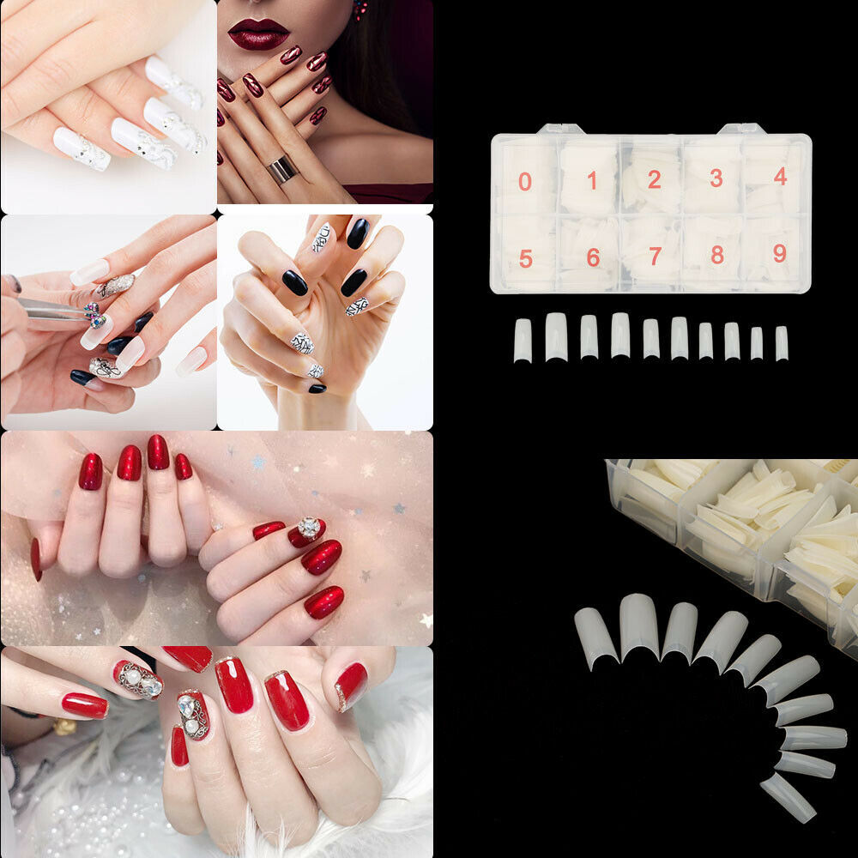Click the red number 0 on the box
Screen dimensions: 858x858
(525, 182)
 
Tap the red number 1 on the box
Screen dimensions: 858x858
(592, 180)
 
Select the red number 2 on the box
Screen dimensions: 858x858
(655, 179)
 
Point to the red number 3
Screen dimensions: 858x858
(716, 178)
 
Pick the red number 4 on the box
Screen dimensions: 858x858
(781, 176)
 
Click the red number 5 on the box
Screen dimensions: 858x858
(526, 258)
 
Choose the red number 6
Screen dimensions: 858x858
(593, 257)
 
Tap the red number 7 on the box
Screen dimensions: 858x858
(656, 256)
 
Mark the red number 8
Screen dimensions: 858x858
(717, 255)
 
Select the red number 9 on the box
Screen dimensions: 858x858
(780, 253)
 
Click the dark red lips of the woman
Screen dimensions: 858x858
(258, 34)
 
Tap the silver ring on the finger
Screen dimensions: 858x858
(283, 169)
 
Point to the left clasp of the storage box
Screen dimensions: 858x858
(561, 130)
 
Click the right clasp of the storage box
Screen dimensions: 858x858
(742, 129)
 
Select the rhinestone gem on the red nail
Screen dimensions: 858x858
(310, 528)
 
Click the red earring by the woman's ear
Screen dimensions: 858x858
(360, 9)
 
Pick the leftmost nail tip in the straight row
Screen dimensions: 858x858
(523, 341)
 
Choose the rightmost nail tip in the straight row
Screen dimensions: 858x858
(782, 344)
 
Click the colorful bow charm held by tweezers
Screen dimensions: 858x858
(94, 316)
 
